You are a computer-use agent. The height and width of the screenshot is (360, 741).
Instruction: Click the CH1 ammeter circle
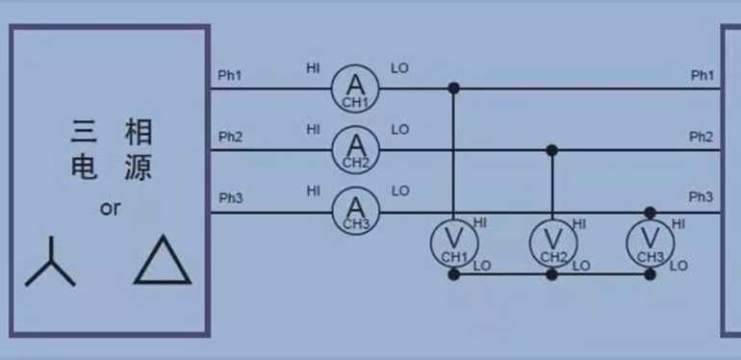pos(357,89)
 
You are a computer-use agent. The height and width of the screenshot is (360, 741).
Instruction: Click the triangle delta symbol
pos(163,261)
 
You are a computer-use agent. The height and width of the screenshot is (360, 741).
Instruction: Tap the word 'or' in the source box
pos(110,208)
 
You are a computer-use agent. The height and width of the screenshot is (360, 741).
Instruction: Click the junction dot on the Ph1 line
pos(454,89)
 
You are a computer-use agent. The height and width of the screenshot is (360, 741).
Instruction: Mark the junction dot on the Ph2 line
pos(551,150)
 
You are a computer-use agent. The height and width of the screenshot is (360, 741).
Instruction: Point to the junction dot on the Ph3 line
pos(650,212)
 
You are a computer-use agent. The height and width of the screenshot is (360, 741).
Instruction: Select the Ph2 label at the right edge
pos(701,136)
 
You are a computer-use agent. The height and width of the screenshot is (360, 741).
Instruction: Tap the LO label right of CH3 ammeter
pos(400,191)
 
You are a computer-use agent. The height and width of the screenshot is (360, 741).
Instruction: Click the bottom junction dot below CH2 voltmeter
pos(551,274)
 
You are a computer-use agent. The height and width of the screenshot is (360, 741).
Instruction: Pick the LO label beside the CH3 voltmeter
pos(678,266)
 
